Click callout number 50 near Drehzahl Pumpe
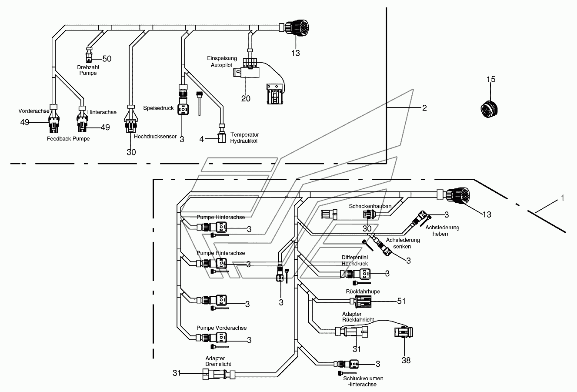[x=107, y=59]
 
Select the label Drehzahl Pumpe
[x=88, y=70]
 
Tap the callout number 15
[x=491, y=79]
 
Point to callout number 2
[x=424, y=108]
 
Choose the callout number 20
[x=246, y=98]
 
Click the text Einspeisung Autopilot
[x=222, y=62]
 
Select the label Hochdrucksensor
[x=155, y=137]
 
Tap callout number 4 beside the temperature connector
[x=201, y=139]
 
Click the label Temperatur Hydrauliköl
[x=244, y=138]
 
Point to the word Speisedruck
[x=158, y=108]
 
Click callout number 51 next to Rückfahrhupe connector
[x=401, y=301]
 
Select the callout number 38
[x=406, y=360]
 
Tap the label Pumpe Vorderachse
[x=221, y=328]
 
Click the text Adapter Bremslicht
[x=218, y=362]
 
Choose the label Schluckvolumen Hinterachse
[x=363, y=382]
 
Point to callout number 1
[x=562, y=198]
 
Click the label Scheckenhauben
[x=370, y=206]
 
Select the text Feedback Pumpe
[x=68, y=139]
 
